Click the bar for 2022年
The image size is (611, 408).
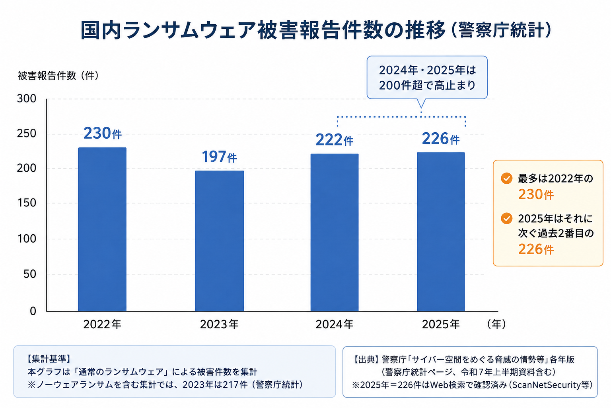tap(102, 229)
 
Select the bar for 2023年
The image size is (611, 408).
tap(219, 241)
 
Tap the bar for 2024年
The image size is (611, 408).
tap(335, 233)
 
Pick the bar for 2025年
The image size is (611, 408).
tap(441, 232)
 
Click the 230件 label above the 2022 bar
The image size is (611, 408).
tap(103, 133)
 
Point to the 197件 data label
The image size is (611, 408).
tap(219, 157)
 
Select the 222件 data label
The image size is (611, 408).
tap(335, 140)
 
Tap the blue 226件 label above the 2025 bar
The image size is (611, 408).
tap(441, 139)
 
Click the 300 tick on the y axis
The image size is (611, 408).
tap(27, 99)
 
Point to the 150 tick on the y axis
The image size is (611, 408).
tap(27, 203)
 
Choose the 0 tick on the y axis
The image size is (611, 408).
tap(33, 311)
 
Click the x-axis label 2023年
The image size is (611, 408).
tap(219, 324)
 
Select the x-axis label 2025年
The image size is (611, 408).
tap(441, 324)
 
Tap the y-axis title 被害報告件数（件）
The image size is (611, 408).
tap(58, 76)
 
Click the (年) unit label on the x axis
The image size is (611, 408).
tap(496, 324)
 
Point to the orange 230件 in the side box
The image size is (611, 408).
tap(536, 194)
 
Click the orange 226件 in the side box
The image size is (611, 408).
tap(536, 249)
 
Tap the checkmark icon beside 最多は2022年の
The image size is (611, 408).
tap(506, 178)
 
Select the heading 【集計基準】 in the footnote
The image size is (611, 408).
tap(49, 359)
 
